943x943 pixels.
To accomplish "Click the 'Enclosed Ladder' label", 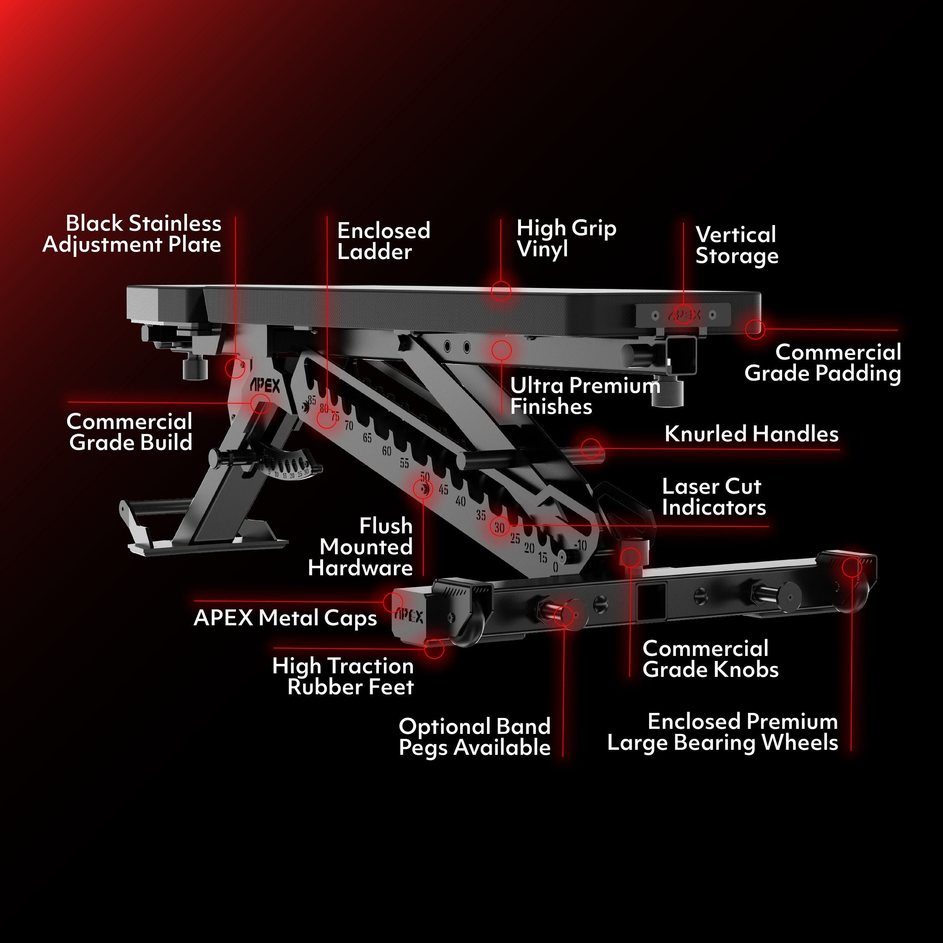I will point(383,241).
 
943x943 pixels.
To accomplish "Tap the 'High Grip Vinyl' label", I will point(566,238).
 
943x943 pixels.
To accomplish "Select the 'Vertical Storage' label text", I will point(736,245).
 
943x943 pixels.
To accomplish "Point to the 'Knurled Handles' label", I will point(751,434).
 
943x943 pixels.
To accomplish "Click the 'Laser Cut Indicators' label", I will point(714,497).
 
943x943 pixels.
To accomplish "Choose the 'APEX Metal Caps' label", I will point(285,617).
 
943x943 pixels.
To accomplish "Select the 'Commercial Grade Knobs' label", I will point(710,659).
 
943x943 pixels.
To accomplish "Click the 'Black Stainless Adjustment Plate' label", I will point(132,234).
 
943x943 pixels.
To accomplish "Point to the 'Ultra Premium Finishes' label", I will point(585,396).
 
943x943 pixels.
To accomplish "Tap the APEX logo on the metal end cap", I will point(409,616).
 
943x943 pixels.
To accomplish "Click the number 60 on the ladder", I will point(386,451).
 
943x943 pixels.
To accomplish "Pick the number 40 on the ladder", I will point(460,501).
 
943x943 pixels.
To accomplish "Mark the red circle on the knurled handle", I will point(591,448).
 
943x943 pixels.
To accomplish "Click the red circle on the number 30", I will point(499,526).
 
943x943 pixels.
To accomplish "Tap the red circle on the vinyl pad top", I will point(501,291).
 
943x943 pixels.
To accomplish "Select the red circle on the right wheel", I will point(852,567).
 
